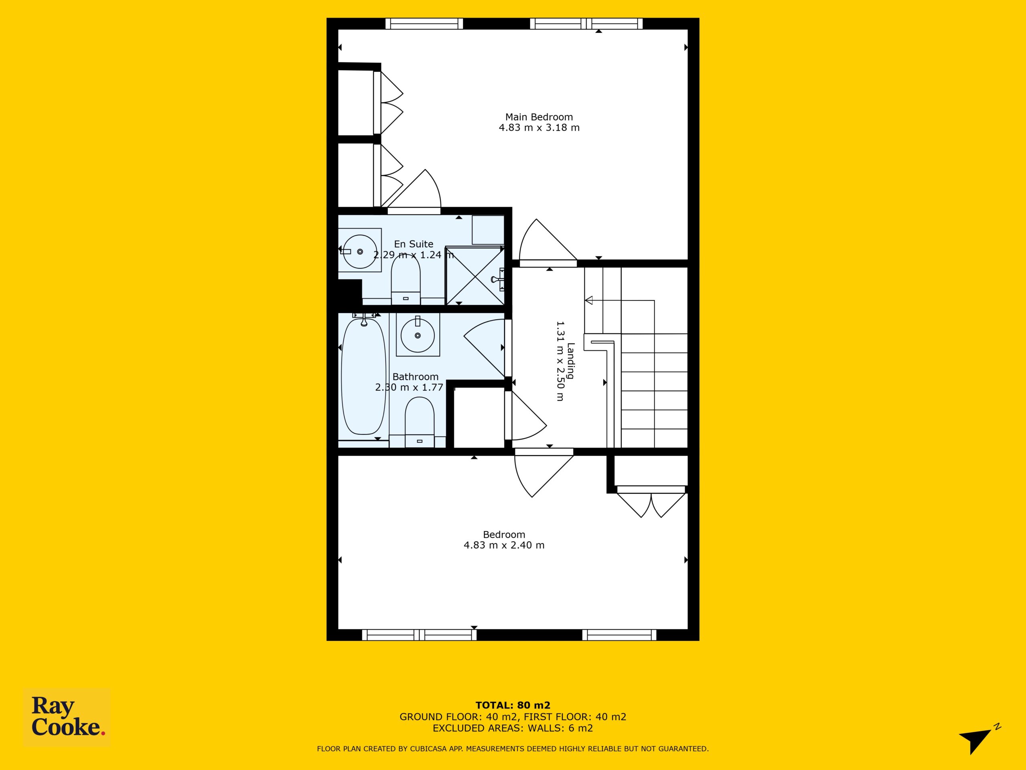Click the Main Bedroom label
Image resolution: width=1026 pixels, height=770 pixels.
pos(539,117)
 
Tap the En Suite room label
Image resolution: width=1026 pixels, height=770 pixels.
pos(414,244)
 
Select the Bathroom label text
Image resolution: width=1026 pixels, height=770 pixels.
pos(415,377)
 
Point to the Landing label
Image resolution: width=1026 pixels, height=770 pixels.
pos(571,361)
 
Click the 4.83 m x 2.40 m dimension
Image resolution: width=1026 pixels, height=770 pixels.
pos(504,545)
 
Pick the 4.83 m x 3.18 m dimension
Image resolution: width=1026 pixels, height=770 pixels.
pos(539,128)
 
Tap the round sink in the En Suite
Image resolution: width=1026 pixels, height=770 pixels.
pos(360,251)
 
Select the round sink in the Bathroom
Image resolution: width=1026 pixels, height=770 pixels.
pos(418,335)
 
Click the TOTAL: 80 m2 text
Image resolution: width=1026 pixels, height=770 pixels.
pos(513,706)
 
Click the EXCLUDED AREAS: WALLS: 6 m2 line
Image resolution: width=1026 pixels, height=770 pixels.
pos(513,728)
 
